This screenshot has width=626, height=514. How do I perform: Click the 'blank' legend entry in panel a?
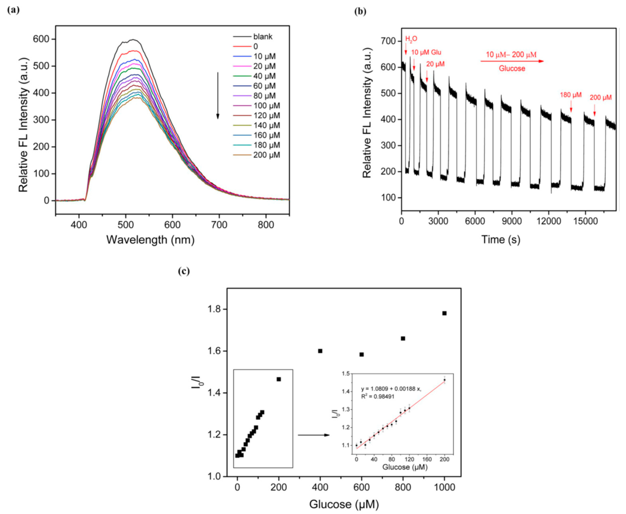[x=263, y=37]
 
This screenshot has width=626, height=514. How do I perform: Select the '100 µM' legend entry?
[x=266, y=106]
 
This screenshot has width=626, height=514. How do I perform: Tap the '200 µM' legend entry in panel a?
[x=266, y=155]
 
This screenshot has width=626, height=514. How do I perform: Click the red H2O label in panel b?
[x=411, y=39]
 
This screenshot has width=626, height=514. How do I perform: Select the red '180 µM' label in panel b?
[x=571, y=95]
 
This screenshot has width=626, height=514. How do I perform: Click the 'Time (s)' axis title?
[x=501, y=239]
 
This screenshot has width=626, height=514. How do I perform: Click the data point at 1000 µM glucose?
[x=444, y=313]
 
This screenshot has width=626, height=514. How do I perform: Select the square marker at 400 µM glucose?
[x=320, y=351]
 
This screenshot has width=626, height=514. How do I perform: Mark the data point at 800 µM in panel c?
[x=403, y=338]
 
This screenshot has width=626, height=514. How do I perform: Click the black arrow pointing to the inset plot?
[x=314, y=435]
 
